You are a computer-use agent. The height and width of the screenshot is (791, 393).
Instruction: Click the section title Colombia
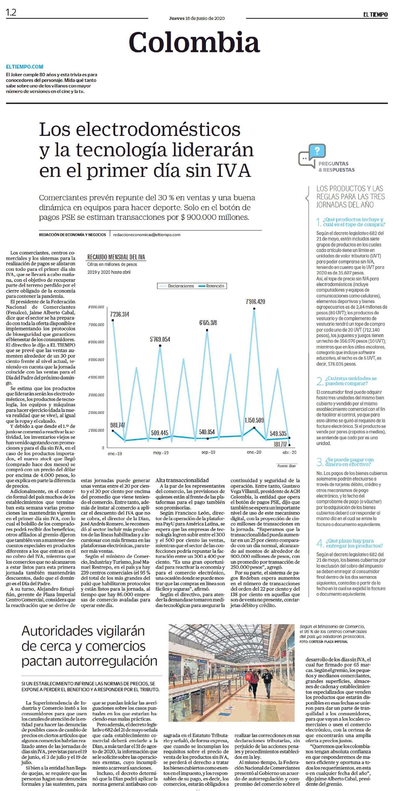point(194,42)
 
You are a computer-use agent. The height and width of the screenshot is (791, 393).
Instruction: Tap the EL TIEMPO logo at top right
point(375,15)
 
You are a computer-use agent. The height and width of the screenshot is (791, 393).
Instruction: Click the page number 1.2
point(11,13)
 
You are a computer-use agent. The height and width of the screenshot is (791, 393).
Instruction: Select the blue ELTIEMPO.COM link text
point(25,67)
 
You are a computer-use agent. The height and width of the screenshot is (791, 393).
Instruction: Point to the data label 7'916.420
point(255,302)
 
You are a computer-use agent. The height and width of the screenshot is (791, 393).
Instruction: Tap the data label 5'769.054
point(160,339)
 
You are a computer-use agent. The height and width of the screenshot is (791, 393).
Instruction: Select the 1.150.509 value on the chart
point(254,420)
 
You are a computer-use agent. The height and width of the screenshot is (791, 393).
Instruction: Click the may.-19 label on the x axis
point(161,453)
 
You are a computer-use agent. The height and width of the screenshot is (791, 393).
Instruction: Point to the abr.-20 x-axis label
point(289,452)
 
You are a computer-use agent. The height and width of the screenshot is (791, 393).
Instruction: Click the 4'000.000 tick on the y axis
point(96,377)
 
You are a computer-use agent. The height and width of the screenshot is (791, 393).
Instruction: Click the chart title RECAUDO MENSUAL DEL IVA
point(116,257)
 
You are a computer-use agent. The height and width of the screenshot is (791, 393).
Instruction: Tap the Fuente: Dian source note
point(286,466)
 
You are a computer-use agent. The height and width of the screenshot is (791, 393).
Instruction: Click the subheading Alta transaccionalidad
point(182,480)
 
